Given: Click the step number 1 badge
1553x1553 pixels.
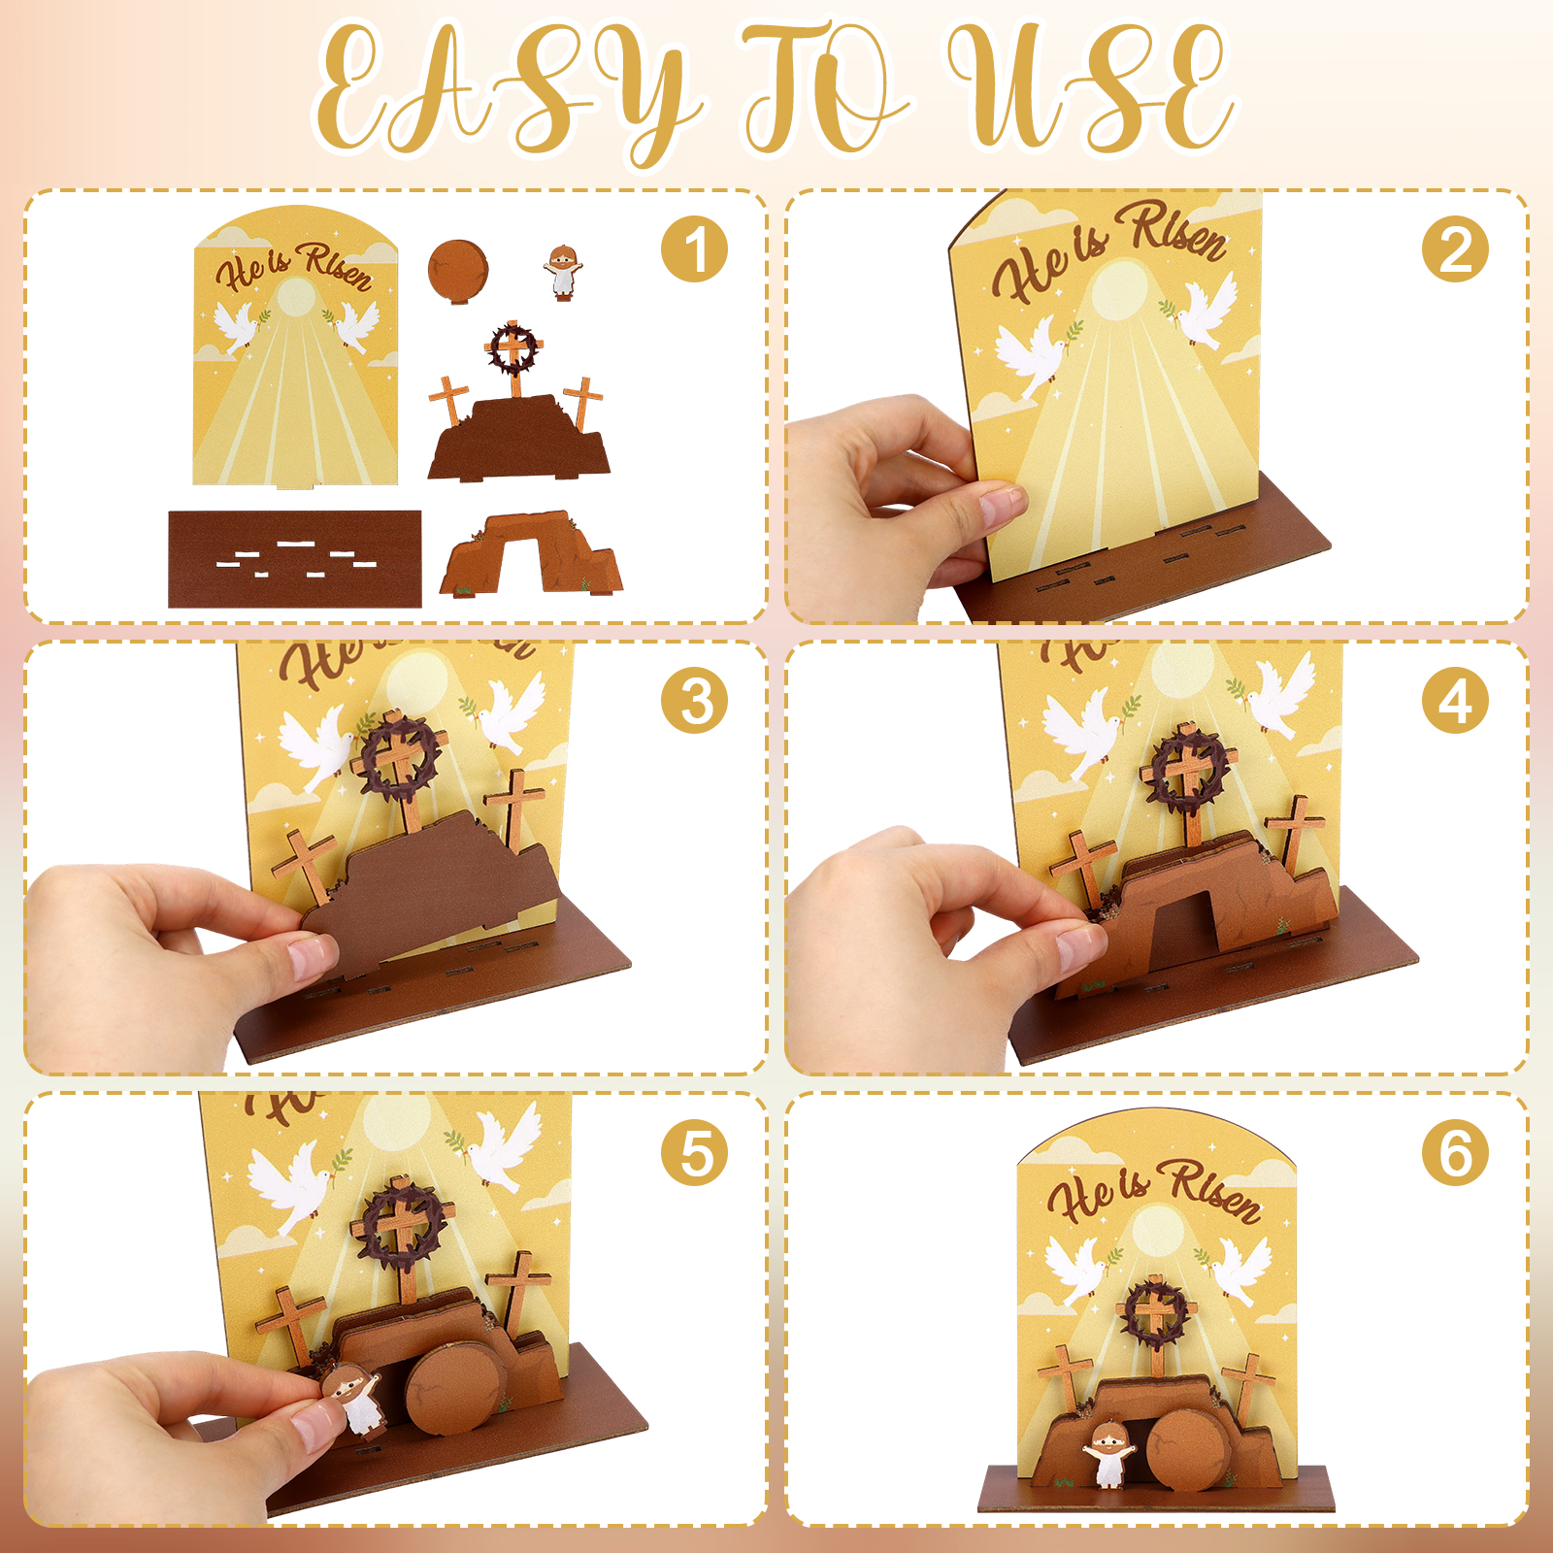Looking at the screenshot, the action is [694, 249].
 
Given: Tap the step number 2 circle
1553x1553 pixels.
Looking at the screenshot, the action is [1455, 249].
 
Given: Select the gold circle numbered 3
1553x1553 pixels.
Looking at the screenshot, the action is [694, 701].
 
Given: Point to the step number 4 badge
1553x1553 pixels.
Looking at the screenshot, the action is [1455, 701].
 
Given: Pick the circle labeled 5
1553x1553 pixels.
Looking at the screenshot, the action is [694, 1152].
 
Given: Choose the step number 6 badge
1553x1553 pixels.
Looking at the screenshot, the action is [1455, 1152].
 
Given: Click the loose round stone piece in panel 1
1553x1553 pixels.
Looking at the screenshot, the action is [458, 271].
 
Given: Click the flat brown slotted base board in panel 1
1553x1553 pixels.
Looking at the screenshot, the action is [295, 559].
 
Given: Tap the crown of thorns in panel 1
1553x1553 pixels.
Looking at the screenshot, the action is [512, 347].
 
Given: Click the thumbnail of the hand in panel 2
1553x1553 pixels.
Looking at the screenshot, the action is [1003, 505].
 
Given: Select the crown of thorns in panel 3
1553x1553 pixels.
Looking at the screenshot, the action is [401, 755].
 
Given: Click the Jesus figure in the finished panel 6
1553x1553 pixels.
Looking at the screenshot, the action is [1107, 1454].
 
